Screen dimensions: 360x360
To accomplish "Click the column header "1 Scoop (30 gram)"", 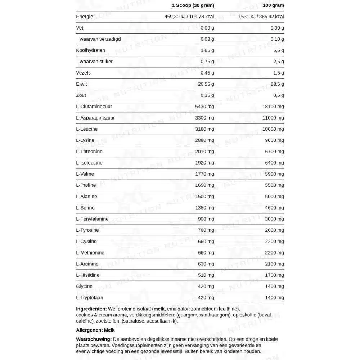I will (193, 5).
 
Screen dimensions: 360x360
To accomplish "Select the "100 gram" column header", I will (273, 5).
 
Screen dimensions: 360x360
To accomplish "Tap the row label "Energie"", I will (85, 17).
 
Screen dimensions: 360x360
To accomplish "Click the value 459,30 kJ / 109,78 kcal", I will (189, 17).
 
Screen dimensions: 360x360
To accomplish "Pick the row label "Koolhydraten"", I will (90, 50).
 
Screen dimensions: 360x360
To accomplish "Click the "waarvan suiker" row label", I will (96, 62).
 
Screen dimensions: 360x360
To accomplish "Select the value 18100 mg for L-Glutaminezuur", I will (273, 107).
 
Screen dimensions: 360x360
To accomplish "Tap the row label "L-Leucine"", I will (87, 129).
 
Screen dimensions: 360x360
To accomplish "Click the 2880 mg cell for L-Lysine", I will (204, 140).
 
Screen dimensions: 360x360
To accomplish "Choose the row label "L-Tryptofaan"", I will (90, 297).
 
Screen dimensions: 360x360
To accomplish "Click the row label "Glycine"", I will (84, 286).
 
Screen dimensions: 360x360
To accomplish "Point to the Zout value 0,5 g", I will (278, 95).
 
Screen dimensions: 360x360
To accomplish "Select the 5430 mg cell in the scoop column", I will (204, 107).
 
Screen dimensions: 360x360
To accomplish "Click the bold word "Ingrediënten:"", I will (91, 309).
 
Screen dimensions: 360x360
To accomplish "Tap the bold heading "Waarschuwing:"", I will (94, 339).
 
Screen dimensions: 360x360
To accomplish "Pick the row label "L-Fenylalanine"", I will (92, 219).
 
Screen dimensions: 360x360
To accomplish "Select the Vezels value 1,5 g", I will (278, 73).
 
